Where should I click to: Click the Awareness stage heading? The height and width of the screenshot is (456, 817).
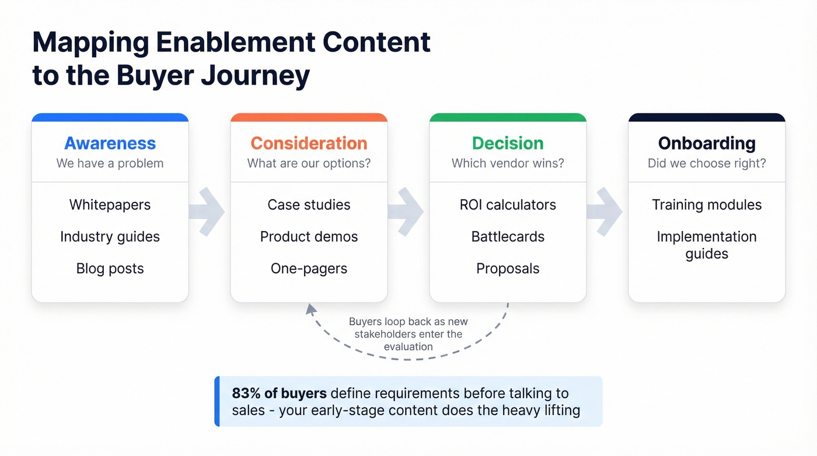110,143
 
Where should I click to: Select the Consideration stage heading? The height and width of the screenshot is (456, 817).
309,143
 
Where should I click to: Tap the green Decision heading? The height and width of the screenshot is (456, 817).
508,143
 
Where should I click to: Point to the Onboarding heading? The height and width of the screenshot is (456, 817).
707,143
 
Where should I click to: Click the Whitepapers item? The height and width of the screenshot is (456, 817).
110,205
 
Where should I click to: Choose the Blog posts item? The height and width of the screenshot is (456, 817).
110,269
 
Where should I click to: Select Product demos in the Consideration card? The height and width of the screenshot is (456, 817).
309,236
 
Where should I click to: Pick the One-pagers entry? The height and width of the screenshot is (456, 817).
309,269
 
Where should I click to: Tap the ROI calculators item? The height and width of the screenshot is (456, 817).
508,205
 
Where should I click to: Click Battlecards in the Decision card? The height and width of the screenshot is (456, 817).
508,236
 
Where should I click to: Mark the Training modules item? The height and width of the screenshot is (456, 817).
707,205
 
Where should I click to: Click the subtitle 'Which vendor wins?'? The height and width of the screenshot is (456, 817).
508,163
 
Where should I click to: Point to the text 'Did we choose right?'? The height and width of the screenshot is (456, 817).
707,163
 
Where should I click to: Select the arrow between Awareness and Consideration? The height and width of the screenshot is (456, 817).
208,211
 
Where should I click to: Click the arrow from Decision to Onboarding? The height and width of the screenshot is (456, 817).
606,211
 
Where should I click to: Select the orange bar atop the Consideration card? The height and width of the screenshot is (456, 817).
309,117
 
